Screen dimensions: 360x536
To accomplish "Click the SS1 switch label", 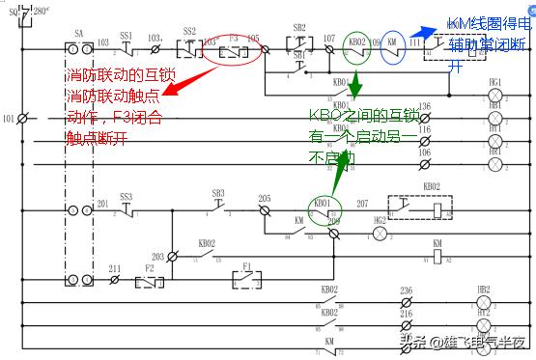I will (x=127, y=34).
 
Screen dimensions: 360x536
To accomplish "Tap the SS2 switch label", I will (x=189, y=32).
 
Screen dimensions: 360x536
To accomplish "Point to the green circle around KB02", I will (x=357, y=44).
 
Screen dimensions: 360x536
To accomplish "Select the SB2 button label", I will (x=299, y=28).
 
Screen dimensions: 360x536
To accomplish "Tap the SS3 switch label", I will (x=127, y=196).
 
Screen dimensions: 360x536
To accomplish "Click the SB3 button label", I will (x=218, y=193).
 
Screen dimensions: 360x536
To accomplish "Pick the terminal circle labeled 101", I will (x=21, y=119).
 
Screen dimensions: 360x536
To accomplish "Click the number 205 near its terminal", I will (x=264, y=200).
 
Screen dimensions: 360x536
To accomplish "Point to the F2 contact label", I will (x=149, y=267).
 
